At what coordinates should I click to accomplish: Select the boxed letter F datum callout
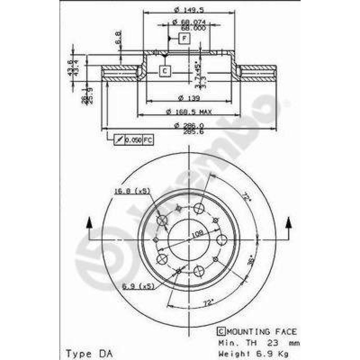184,38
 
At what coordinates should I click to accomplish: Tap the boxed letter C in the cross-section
165,71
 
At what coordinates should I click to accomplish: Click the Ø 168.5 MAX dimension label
189,111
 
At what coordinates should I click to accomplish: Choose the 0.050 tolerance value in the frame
133,140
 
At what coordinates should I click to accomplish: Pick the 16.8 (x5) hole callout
131,191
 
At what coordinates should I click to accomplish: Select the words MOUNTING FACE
261,332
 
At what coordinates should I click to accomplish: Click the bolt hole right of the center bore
221,239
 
